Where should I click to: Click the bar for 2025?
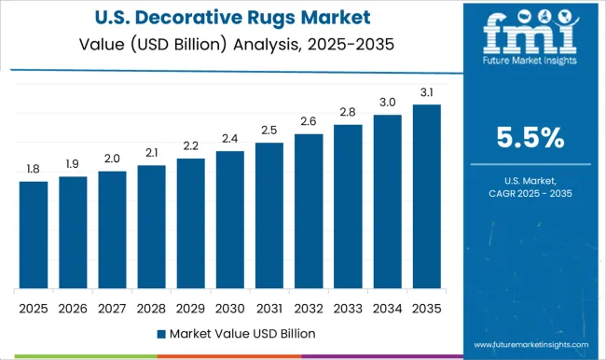33,234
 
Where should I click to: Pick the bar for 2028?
151,227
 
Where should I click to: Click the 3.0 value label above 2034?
387,102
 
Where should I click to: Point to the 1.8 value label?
33,169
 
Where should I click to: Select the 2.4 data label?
229,139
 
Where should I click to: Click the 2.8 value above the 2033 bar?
348,113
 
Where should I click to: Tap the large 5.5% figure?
530,138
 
